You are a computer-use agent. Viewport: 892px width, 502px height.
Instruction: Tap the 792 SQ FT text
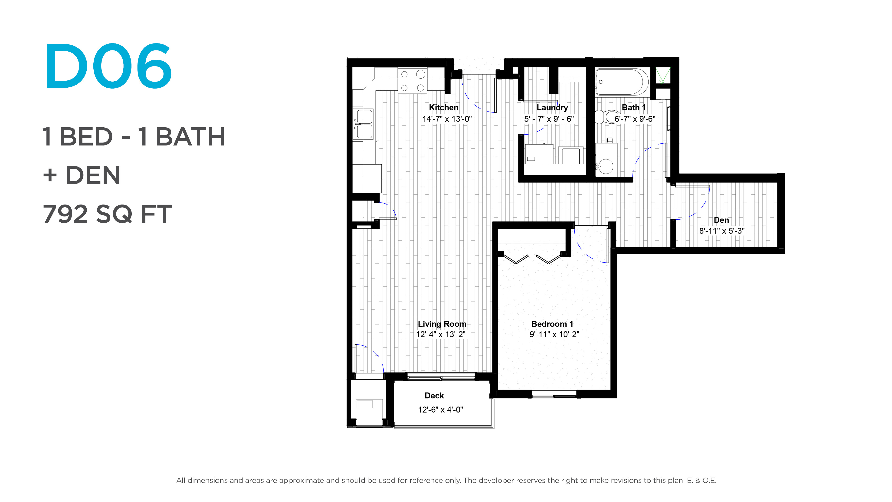(107, 214)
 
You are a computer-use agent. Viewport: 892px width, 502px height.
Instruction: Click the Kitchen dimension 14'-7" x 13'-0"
(447, 119)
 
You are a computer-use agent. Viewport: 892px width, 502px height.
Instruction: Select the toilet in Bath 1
(606, 117)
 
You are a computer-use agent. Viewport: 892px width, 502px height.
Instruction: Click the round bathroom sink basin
(606, 167)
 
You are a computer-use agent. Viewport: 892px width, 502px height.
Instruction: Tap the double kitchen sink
(363, 124)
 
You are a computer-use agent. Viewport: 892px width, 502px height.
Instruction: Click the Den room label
(721, 220)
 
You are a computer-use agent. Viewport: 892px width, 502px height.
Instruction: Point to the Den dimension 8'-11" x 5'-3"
(722, 231)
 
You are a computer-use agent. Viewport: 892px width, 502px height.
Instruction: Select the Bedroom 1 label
(552, 324)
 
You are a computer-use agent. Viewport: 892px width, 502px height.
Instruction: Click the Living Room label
(442, 324)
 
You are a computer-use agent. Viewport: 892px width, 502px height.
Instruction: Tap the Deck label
(434, 396)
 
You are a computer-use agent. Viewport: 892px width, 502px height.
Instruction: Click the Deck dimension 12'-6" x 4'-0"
(440, 410)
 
